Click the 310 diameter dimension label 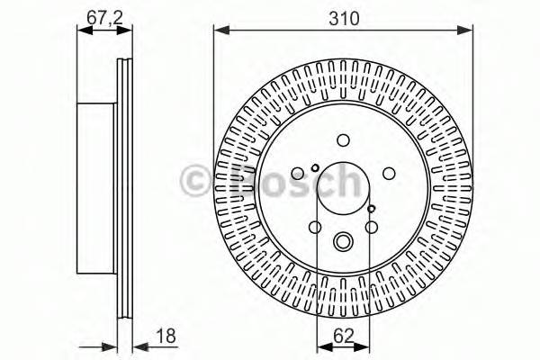click(343, 17)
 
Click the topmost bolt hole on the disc click(343, 139)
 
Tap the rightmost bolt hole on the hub click(389, 175)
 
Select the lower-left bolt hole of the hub click(315, 227)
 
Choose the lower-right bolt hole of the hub click(372, 227)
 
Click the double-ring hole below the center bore click(343, 241)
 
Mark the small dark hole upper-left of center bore click(314, 166)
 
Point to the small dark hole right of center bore click(372, 208)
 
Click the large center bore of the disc click(343, 189)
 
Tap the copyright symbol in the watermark click(196, 180)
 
